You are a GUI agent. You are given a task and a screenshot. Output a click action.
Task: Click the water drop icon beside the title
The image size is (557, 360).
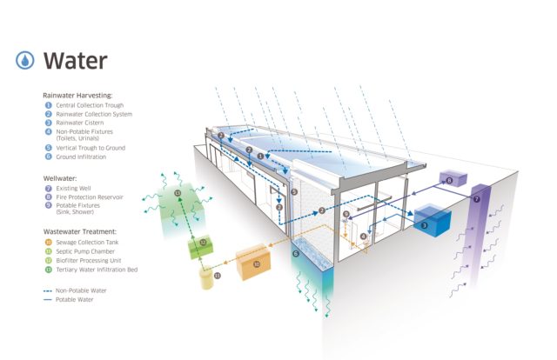[25, 60]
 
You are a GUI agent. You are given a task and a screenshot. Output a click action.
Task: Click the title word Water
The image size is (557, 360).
[76, 61]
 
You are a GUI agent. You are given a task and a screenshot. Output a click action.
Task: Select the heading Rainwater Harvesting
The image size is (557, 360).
[77, 96]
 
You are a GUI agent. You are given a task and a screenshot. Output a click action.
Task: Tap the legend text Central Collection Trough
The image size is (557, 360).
[90, 105]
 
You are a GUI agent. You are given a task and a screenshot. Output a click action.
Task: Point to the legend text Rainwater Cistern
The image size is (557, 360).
[80, 123]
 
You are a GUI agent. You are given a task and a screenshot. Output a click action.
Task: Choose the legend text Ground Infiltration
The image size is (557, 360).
[81, 157]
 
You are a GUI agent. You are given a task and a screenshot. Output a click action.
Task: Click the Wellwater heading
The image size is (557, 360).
[60, 178]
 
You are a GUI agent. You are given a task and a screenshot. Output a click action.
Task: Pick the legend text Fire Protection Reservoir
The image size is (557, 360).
[90, 197]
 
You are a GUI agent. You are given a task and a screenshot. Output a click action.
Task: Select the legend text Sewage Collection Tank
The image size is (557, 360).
[87, 243]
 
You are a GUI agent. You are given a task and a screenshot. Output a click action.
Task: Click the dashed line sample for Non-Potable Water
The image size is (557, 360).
[48, 290]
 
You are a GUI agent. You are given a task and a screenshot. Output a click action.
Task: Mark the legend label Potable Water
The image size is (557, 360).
[75, 300]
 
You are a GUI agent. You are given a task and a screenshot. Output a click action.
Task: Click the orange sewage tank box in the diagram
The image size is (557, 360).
[253, 262]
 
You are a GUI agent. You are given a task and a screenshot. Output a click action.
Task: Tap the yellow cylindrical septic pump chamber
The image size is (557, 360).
[206, 279]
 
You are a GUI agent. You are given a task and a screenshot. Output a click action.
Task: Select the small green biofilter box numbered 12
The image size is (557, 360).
[201, 247]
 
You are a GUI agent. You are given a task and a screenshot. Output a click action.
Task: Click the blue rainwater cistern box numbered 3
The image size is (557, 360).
[433, 221]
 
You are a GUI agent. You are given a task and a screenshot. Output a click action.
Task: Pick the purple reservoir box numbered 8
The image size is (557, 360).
[453, 178]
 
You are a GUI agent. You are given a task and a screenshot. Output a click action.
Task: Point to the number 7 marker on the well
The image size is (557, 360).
[477, 199]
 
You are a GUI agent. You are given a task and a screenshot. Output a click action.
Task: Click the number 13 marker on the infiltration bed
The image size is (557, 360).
[178, 193]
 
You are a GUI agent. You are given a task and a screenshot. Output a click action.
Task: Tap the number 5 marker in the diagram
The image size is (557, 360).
[294, 192]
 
